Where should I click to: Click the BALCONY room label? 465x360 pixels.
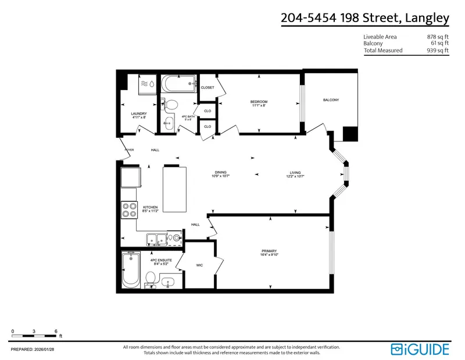331,100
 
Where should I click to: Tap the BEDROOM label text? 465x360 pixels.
259,102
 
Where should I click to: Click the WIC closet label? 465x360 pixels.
199,265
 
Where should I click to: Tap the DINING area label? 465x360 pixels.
220,172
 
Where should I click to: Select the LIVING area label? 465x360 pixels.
295,172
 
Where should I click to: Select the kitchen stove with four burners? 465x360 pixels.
128,210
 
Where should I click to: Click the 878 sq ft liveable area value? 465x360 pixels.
438,37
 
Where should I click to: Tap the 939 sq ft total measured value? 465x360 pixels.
438,51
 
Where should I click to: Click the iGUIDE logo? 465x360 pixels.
420,349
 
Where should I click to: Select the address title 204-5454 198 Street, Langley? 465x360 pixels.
365,18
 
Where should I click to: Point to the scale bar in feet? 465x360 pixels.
34,336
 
